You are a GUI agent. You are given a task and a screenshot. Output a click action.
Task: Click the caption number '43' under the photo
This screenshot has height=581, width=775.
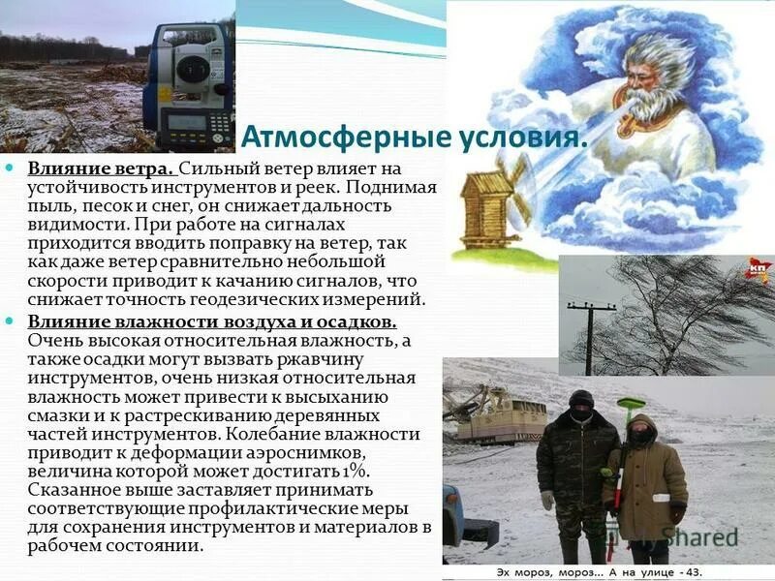click(x=690, y=572)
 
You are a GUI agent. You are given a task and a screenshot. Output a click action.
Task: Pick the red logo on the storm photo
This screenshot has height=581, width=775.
click(x=757, y=272)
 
